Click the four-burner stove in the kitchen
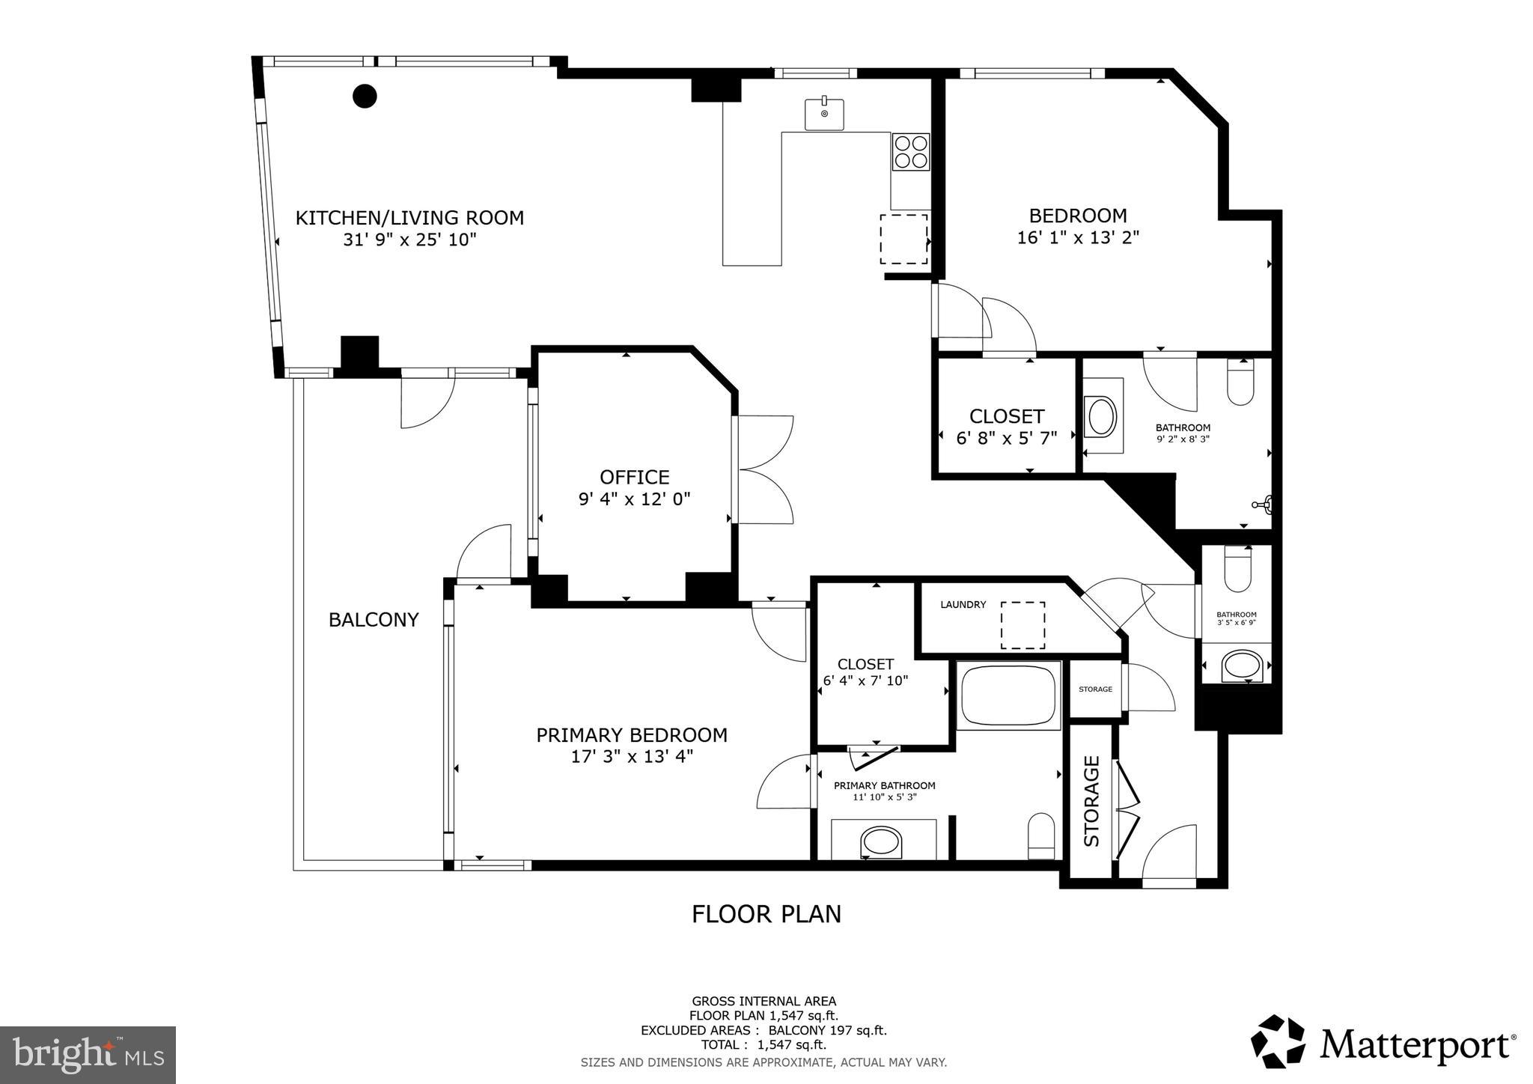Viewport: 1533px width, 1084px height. [910, 152]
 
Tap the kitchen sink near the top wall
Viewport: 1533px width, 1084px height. [824, 114]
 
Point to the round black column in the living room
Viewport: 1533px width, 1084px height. [365, 96]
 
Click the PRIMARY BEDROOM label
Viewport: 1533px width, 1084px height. [632, 735]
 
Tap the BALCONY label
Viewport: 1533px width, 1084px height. [374, 620]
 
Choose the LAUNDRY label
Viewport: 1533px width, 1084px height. [963, 605]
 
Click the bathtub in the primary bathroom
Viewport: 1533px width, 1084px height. [1008, 695]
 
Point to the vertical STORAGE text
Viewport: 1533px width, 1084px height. [1092, 801]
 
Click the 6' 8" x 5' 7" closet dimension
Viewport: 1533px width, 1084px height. [1007, 438]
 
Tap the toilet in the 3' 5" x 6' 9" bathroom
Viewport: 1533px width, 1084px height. [1237, 569]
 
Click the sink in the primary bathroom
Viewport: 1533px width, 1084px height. [883, 842]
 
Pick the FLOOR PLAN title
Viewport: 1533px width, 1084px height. [766, 914]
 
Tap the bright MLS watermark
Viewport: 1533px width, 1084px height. [88, 1055]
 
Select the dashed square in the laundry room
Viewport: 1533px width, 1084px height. [1023, 625]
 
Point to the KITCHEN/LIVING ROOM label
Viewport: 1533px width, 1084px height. [409, 218]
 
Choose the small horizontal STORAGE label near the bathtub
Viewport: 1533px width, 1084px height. [1095, 689]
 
